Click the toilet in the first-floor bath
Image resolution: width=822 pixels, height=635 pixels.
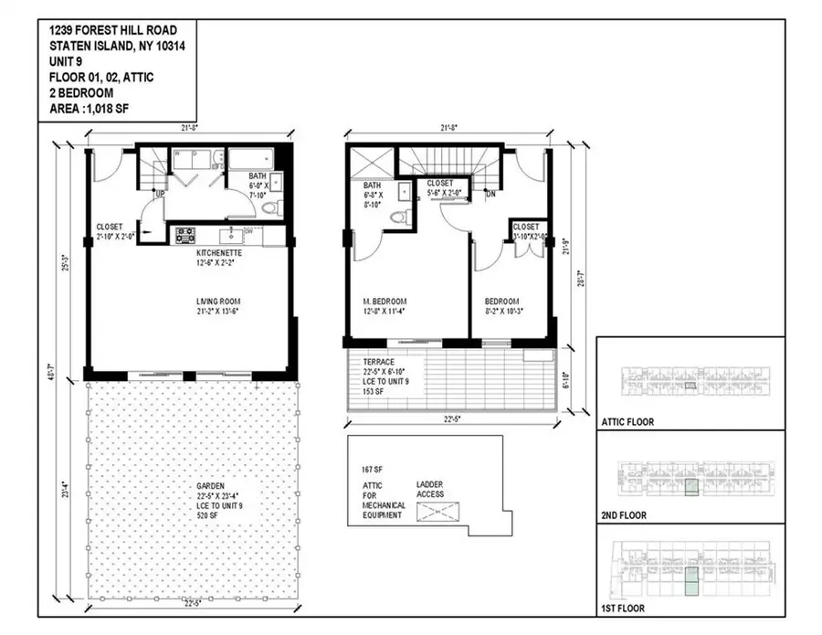[x=269, y=208]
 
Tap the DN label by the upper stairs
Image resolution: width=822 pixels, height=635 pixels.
[x=490, y=194]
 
